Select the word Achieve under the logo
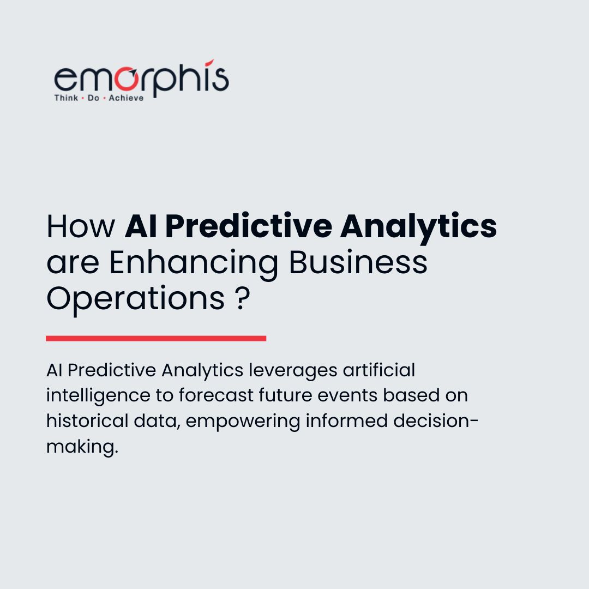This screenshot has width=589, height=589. pyautogui.click(x=127, y=98)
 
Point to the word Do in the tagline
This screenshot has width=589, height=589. pyautogui.click(x=93, y=98)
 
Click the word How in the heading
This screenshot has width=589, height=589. pyautogui.click(x=81, y=226)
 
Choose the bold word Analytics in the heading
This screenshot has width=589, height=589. pyautogui.click(x=418, y=226)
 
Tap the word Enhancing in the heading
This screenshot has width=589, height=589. pyautogui.click(x=194, y=262)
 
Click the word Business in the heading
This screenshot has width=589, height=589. pyautogui.click(x=358, y=262)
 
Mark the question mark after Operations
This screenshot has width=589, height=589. pyautogui.click(x=244, y=298)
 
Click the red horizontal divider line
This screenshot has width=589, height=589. pyautogui.click(x=156, y=338)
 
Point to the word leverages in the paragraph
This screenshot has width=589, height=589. pyautogui.click(x=293, y=370)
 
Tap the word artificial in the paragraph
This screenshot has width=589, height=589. pyautogui.click(x=379, y=370)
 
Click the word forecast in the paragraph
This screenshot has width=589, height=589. pyautogui.click(x=219, y=395)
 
